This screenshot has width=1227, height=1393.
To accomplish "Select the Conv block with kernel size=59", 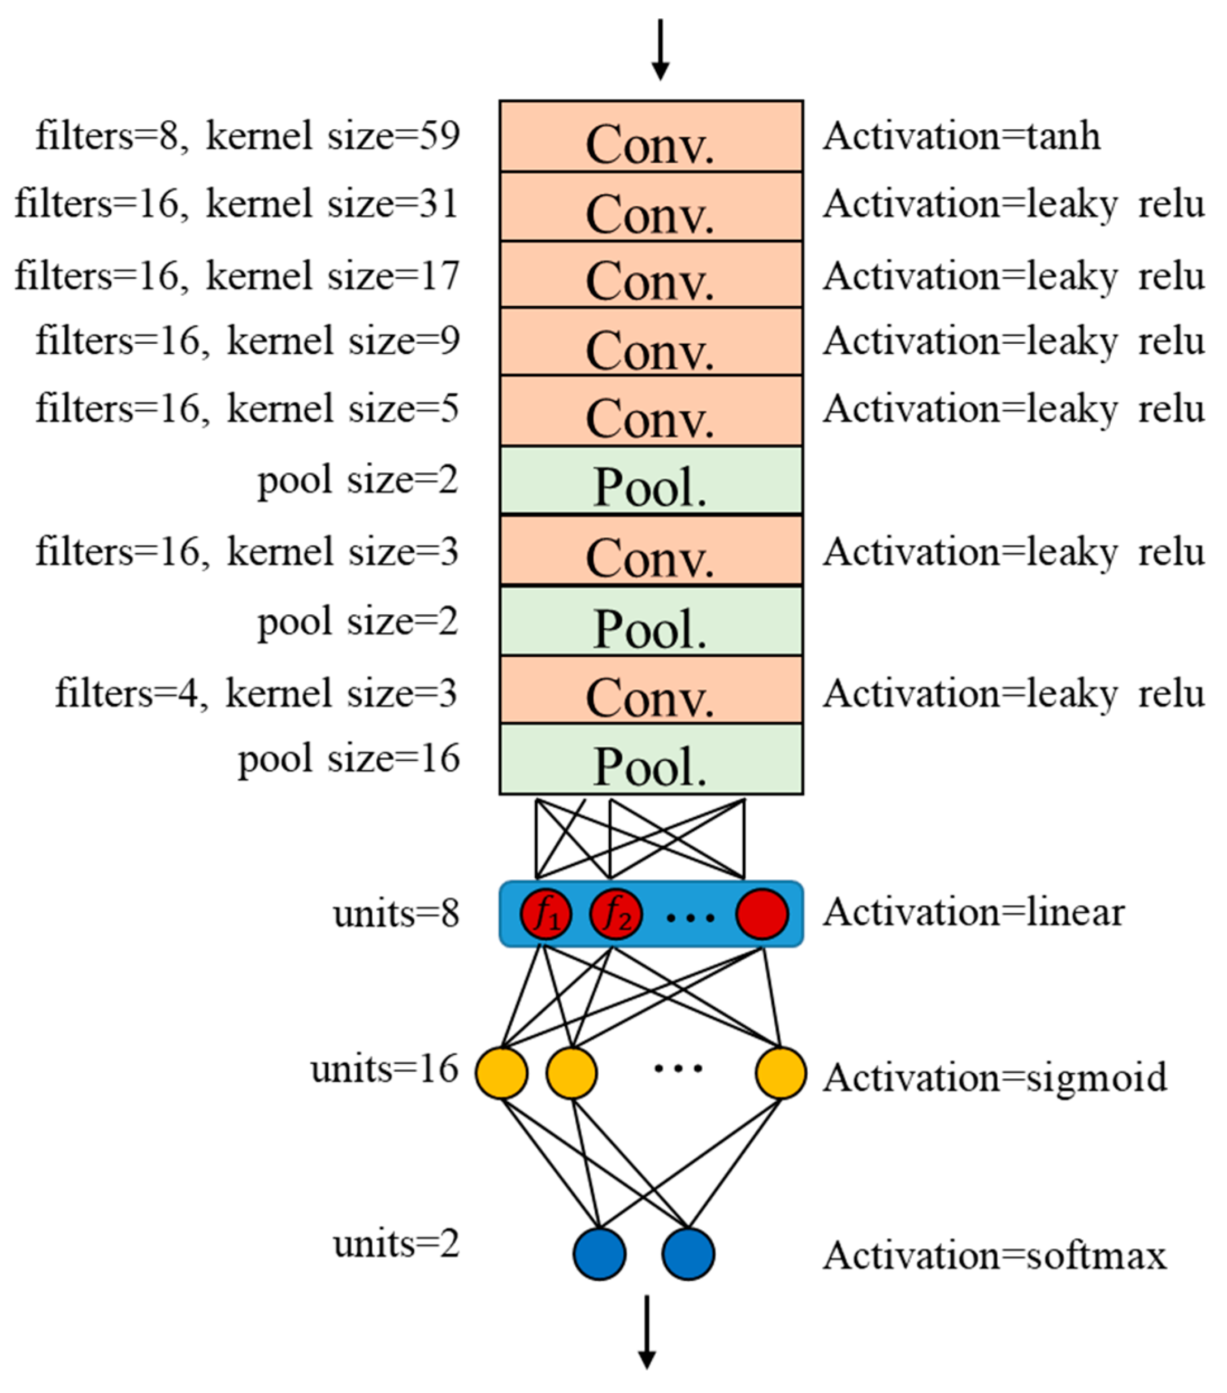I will coord(651,136).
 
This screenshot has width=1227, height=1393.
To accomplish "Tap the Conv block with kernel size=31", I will coord(651,206).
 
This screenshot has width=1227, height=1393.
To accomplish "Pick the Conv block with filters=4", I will coord(651,690).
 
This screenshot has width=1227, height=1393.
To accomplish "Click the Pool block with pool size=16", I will coord(651,759).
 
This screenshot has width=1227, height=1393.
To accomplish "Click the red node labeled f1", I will coord(546,914).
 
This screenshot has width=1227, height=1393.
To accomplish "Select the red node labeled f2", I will coord(615,914).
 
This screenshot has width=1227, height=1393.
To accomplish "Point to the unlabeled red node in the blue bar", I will coord(762,914).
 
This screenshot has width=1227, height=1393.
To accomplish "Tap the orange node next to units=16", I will coord(501,1073).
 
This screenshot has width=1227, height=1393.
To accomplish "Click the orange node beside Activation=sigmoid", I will coord(780,1073).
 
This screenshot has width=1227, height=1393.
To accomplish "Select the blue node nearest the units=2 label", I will coord(599,1254).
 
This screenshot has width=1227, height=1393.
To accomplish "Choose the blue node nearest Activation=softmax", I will coord(689,1254).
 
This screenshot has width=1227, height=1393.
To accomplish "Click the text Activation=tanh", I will coord(961,136).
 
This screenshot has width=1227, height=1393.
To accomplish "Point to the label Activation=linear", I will coord(973,912).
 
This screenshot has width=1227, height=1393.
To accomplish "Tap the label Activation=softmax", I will coord(994,1255).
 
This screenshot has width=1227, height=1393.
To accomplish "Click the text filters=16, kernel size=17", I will coord(237,276).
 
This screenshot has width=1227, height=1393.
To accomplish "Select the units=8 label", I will coord(396,913).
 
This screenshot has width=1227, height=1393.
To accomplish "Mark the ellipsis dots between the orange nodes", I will coord(678,1068).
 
